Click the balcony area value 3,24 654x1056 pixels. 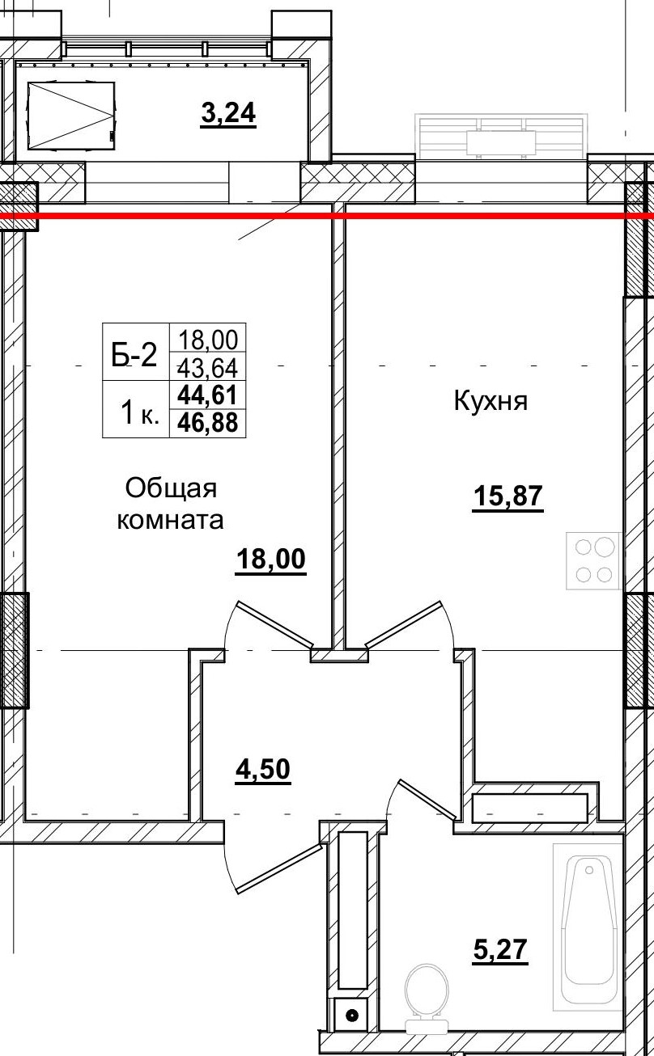228,114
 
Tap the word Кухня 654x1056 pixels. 491,401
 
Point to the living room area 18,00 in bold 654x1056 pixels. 271,559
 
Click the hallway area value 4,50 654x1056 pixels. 262,769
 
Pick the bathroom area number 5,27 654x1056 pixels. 500,950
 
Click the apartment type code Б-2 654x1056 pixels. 134,354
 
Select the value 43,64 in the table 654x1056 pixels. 207,368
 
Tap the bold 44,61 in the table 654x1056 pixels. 207,395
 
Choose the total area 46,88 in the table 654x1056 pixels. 207,422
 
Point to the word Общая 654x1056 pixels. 171,488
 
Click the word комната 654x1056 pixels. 170,519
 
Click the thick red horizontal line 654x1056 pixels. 324,215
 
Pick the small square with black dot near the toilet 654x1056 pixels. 351,1016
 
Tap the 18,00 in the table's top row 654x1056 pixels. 207,338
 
